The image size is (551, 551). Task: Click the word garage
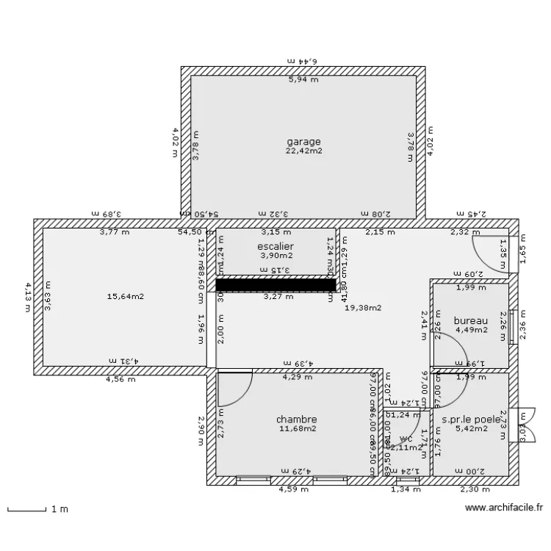coord(303,141)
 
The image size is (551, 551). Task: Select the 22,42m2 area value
coord(303,151)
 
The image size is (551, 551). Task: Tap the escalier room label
coord(275,246)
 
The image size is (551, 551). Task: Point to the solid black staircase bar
coord(275,284)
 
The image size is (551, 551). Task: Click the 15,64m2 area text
coord(125,297)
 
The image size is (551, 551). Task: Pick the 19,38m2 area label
coord(363,309)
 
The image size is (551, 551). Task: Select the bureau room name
coord(471,320)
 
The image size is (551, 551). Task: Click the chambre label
coord(296,419)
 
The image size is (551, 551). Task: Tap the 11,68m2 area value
coord(296,428)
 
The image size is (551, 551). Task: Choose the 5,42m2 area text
coord(471,429)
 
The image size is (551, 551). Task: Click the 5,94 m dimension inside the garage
coord(303,79)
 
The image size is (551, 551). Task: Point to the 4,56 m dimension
coord(120,380)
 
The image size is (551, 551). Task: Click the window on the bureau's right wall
coord(512,325)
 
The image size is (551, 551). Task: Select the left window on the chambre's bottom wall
coord(254,480)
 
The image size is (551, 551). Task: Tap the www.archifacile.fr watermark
coord(503,508)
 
